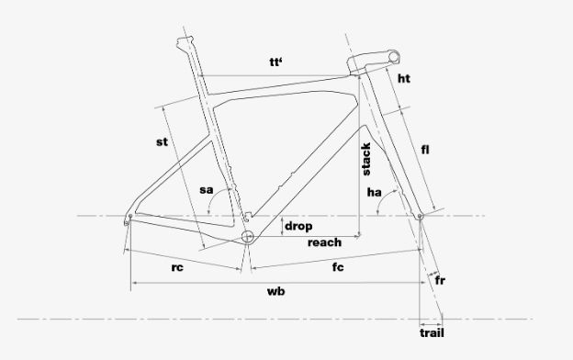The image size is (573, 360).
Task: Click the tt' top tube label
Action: [x=275, y=62]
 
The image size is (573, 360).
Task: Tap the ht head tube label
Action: [x=403, y=80]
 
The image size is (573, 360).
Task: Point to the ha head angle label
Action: [x=375, y=193]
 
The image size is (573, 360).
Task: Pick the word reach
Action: [x=324, y=242]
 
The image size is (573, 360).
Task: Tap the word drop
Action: [x=298, y=226]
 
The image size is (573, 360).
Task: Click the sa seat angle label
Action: [x=207, y=190]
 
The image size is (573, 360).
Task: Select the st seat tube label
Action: [x=162, y=142]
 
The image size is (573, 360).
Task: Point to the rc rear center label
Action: [x=180, y=269]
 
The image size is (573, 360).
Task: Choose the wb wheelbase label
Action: [x=275, y=291]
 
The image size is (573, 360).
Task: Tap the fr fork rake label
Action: [x=441, y=279]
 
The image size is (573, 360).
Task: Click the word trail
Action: [x=432, y=333]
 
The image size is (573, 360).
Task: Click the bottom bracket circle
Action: [x=248, y=237]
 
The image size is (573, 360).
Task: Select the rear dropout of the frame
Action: [x=128, y=219]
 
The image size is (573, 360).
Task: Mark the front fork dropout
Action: [x=421, y=217]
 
